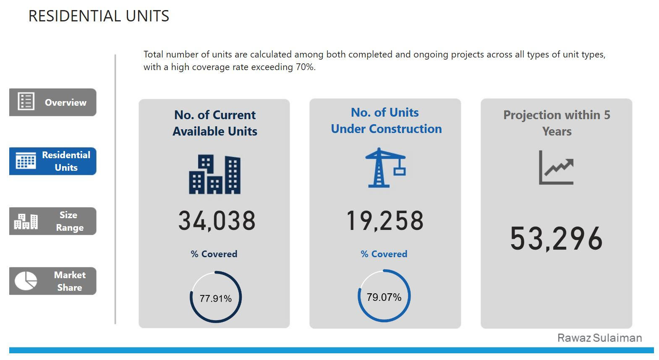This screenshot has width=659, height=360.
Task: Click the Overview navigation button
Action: pyautogui.click(x=53, y=102)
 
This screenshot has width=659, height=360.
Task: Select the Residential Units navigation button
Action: pyautogui.click(x=53, y=161)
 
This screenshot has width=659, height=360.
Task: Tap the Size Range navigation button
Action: pyautogui.click(x=53, y=221)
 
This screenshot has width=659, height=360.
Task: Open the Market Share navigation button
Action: pyautogui.click(x=53, y=281)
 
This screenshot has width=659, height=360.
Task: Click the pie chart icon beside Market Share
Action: pyautogui.click(x=26, y=281)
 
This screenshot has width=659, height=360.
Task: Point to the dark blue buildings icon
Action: pyautogui.click(x=214, y=174)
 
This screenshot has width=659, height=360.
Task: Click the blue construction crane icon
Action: pyautogui.click(x=385, y=167)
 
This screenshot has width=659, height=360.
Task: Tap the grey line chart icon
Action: pyautogui.click(x=556, y=168)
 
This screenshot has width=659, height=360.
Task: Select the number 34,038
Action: pyautogui.click(x=217, y=221)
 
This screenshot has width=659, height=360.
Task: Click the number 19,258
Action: pyautogui.click(x=385, y=221)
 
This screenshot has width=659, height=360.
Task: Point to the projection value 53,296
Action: pyautogui.click(x=556, y=238)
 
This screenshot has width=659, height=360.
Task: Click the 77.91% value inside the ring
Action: pyautogui.click(x=216, y=298)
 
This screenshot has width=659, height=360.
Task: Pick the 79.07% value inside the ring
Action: pyautogui.click(x=384, y=297)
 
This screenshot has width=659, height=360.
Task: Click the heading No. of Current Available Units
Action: pyautogui.click(x=215, y=123)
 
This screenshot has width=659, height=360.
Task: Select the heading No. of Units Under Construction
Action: pyautogui.click(x=386, y=120)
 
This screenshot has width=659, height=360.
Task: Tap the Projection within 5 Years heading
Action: pyautogui.click(x=557, y=123)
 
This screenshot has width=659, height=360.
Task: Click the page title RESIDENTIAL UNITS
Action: pyautogui.click(x=99, y=16)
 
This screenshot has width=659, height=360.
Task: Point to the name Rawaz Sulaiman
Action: pyautogui.click(x=599, y=338)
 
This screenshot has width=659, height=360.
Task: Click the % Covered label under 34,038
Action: pyautogui.click(x=214, y=254)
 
